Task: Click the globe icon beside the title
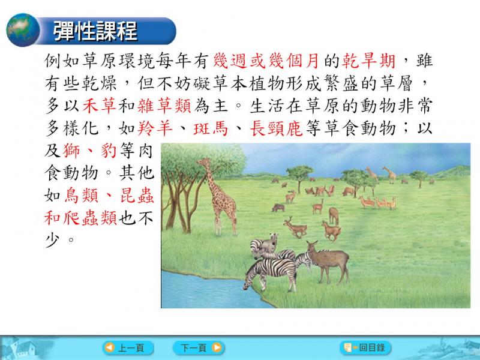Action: coord(23,30)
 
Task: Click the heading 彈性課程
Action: coord(95,31)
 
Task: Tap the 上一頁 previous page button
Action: coord(128,348)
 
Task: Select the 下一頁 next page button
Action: coord(199,348)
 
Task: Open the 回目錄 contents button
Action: coord(365,348)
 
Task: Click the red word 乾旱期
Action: coord(368,61)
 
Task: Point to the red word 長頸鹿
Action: coord(276,128)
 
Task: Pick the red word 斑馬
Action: coord(211,128)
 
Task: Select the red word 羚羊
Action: coord(155,128)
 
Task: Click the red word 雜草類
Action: coord(164,106)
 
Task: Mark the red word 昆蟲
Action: coord(137,196)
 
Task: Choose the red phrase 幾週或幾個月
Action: coord(266,61)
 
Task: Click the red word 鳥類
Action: coord(82,196)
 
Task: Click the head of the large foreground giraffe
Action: coord(203,162)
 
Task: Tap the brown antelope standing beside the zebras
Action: coord(328,261)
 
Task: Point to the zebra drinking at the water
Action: coord(269,274)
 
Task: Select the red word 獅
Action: coord(71,151)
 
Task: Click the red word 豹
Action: coord(109,151)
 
